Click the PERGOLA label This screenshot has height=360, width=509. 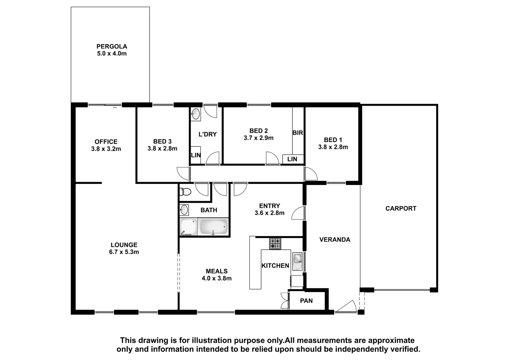tap(112, 46)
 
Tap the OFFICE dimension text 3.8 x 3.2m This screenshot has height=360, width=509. tap(106, 149)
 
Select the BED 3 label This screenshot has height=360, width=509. tap(162, 141)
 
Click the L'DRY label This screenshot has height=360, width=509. tap(207, 134)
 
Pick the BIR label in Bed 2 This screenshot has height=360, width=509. tap(298, 133)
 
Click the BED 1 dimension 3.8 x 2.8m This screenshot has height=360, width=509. tap(333, 147)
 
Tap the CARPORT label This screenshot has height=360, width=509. tap(401, 208)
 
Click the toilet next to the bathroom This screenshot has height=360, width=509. tap(185, 192)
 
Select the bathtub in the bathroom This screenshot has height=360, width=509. tap(213, 227)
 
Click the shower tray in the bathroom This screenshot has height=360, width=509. tap(188, 227)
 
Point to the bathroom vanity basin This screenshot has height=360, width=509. tap(184, 210)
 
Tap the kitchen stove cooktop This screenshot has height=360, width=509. tap(275, 244)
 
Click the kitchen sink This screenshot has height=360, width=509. tap(297, 261)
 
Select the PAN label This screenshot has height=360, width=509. tap(306, 301)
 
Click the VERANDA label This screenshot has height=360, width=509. tap(335, 239)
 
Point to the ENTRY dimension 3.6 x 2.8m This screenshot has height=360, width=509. tap(269, 213)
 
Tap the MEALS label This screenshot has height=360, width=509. tap(217, 271)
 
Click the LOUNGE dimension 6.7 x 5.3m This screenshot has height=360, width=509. tap(124, 252)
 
